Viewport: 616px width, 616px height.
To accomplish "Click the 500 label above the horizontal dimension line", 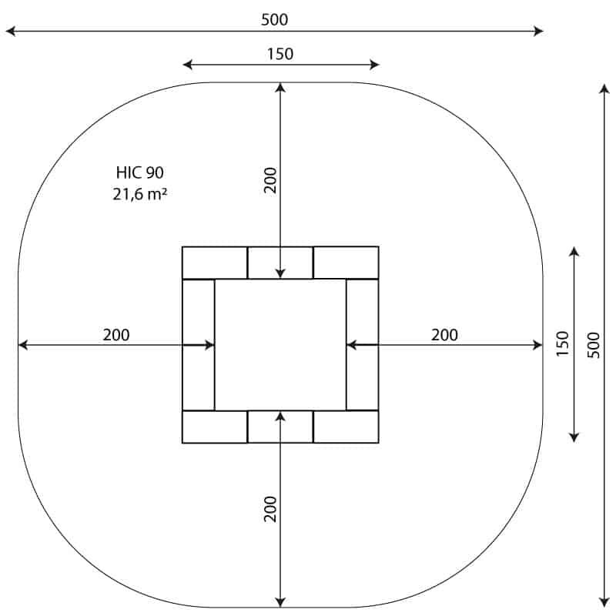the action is click(274, 20).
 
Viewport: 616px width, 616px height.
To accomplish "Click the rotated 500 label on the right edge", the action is click(594, 345).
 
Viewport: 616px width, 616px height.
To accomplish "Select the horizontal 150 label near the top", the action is click(280, 54).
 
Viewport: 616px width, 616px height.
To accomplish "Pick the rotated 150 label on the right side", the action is click(563, 343).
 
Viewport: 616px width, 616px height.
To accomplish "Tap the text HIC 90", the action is click(140, 172).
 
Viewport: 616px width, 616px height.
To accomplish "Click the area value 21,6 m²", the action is click(140, 194).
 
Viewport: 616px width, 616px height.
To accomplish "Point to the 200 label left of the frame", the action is click(116, 335).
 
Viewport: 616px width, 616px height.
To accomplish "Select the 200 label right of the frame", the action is click(444, 335).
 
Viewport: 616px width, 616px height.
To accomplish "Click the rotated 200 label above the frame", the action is click(270, 180).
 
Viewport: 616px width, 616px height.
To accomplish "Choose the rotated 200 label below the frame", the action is click(270, 509).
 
